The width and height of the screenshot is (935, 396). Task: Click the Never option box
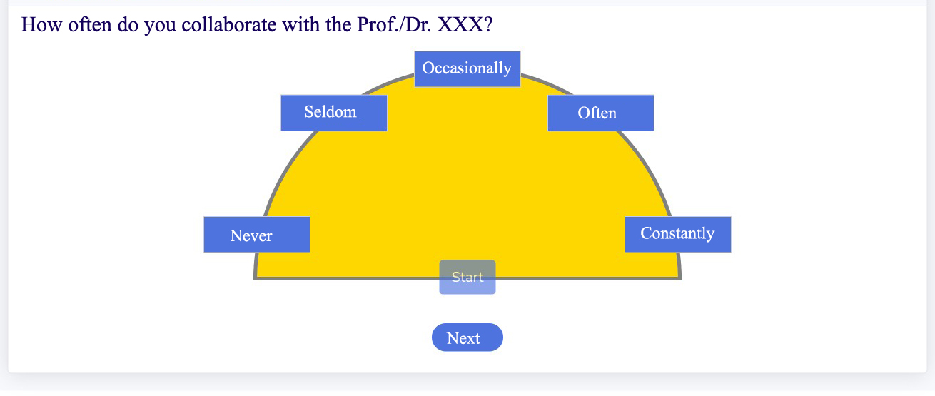[x=257, y=235]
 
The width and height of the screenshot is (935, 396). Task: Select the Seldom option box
[x=334, y=113]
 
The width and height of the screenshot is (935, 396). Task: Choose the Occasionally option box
[x=467, y=68]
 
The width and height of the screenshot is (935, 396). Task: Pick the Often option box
[x=601, y=113]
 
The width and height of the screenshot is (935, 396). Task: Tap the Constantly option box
[x=678, y=235]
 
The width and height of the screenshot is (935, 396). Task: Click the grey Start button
[x=467, y=277]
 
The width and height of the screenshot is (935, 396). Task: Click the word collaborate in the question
[x=228, y=24]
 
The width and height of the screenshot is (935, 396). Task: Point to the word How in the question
[x=41, y=24]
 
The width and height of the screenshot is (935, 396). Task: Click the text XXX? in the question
[x=465, y=24]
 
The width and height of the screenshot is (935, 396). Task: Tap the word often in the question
[x=90, y=24]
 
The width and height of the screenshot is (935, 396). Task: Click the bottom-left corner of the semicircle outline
[x=255, y=279]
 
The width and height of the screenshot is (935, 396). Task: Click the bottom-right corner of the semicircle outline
[x=680, y=279]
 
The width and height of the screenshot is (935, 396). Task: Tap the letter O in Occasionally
[x=428, y=68]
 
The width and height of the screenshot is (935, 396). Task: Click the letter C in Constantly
[x=647, y=233]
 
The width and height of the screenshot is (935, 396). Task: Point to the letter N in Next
[x=453, y=338]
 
